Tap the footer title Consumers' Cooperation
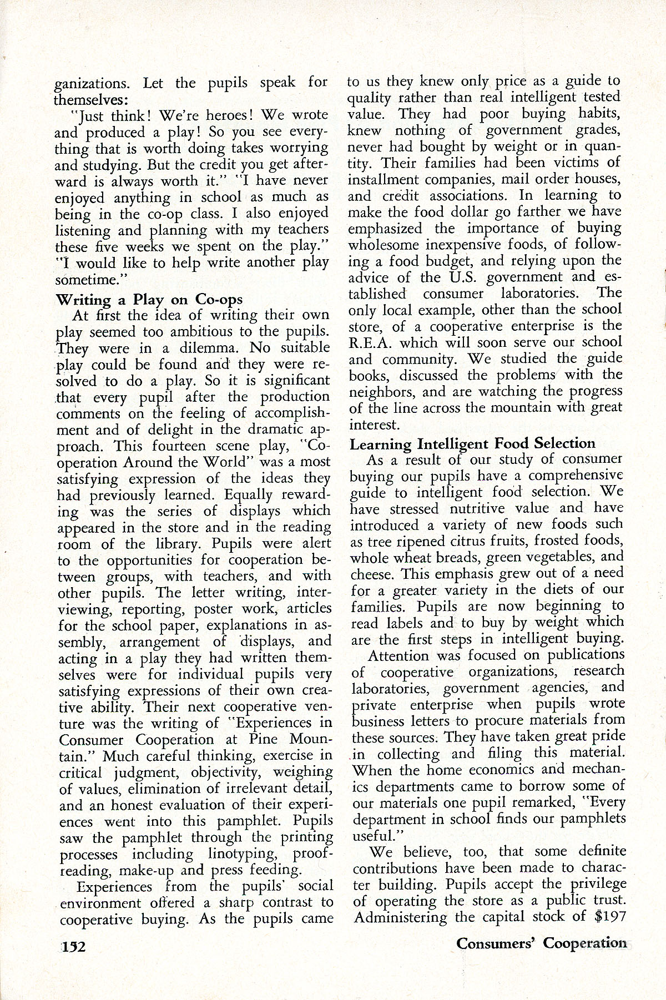pos(541,943)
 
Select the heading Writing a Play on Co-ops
pos(149,299)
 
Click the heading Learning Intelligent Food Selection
pos(472,443)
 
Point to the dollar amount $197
pos(610,916)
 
